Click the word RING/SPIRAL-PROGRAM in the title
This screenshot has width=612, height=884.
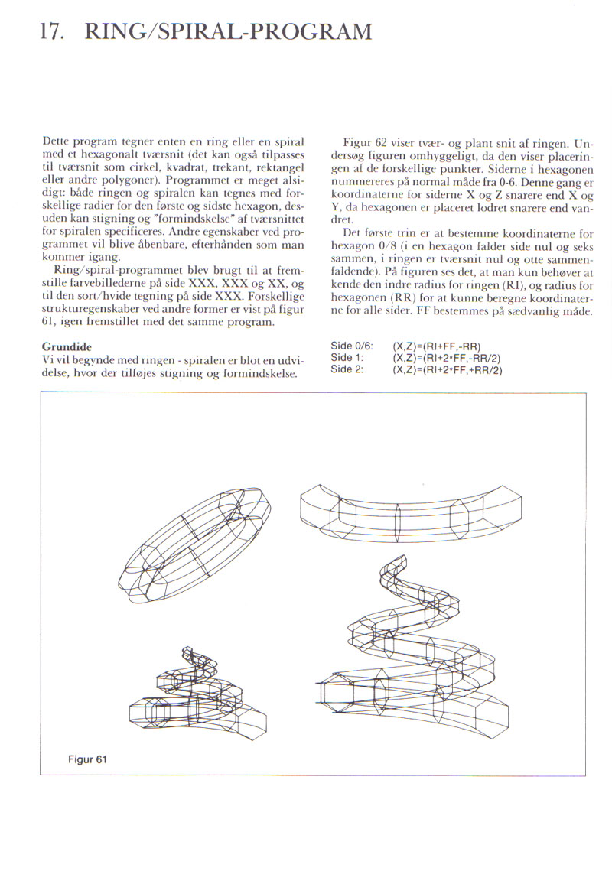229,32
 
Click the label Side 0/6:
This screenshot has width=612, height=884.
351,346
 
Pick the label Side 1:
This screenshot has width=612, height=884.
347,358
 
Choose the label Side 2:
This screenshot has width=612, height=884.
347,369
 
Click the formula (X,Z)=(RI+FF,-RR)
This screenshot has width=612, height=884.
435,346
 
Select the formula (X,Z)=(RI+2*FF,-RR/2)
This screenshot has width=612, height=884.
447,358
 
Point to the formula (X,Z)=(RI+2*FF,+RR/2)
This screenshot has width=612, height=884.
447,369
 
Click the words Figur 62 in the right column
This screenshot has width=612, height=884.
364,143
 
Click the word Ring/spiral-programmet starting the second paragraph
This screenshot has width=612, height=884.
104,272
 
